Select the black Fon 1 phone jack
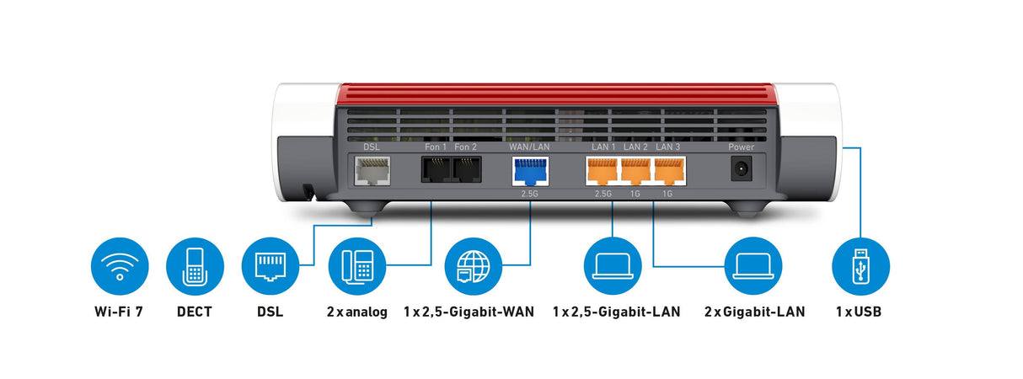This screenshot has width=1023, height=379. coord(436,171)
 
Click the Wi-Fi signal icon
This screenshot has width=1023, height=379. coord(119,266)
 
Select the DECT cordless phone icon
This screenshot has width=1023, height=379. coord(195,266)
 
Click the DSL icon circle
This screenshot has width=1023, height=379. coord(270,266)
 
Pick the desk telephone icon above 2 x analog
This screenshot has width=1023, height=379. coord(356,266)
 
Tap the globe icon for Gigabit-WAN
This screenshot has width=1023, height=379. coord(473,266)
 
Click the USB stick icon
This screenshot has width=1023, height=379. coord(860,266)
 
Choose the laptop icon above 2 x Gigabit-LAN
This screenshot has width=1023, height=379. coord(753,266)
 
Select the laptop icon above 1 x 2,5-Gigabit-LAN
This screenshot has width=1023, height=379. coord(612,266)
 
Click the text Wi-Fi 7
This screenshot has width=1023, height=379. coord(119,312)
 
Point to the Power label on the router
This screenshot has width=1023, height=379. coord(742,147)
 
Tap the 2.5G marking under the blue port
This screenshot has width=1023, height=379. coord(530,194)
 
